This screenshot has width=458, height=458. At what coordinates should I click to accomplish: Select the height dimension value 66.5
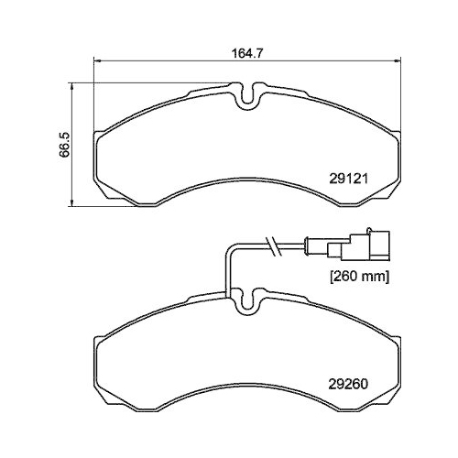[x=65, y=146]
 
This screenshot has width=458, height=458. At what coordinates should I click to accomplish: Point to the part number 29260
[x=347, y=385]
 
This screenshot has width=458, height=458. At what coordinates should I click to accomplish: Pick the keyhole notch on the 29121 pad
[x=246, y=95]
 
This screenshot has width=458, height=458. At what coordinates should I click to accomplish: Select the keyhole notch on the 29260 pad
[x=246, y=301]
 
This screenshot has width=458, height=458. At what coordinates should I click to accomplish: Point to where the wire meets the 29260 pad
[x=227, y=291]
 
